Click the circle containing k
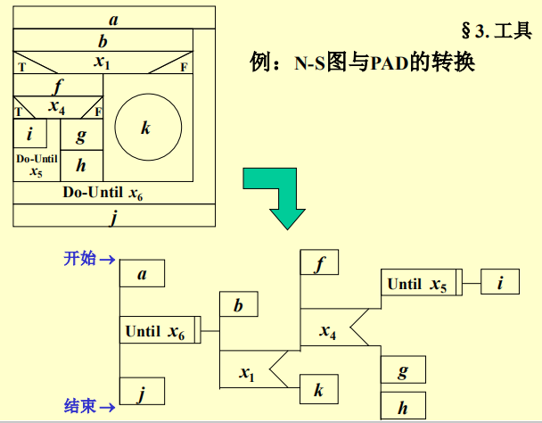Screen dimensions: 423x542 148,127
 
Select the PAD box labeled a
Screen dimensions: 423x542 142,274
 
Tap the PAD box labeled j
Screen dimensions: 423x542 142,392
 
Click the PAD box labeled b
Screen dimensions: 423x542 239,306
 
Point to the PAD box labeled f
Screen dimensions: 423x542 320,263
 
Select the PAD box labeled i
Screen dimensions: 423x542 500,284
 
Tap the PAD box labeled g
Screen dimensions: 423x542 403,369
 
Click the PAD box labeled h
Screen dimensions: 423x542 403,406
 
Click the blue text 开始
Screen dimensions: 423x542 80,259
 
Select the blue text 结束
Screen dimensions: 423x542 80,406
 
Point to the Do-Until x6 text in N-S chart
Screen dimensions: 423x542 103,193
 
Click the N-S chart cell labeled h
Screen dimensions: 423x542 81,165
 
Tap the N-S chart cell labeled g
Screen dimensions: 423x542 81,136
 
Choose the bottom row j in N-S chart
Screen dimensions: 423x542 114,216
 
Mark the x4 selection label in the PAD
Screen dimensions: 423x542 328,332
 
